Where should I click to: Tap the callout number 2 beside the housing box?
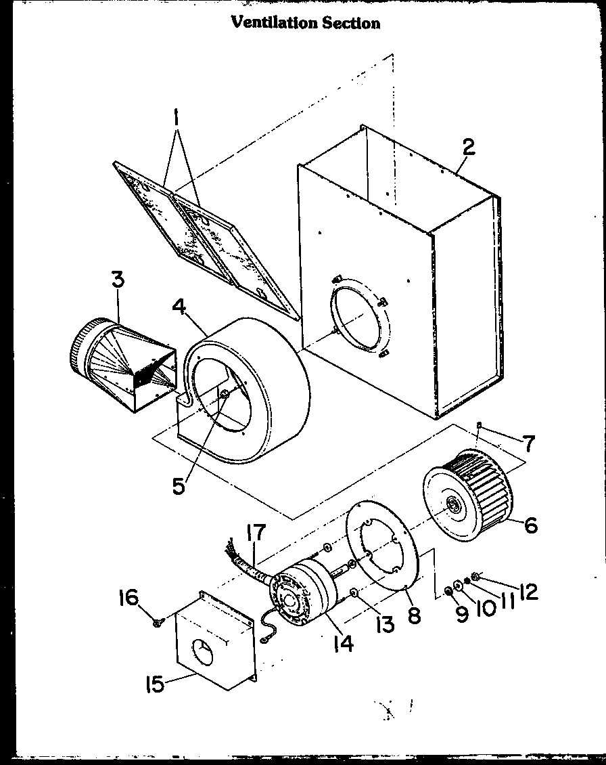point(468,148)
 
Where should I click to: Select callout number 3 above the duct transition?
point(118,280)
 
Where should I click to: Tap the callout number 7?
point(528,444)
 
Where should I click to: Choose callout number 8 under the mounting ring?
point(414,615)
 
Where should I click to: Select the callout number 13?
point(384,623)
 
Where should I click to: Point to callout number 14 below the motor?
point(343,643)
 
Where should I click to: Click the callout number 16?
point(128,598)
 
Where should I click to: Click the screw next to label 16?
point(157,621)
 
